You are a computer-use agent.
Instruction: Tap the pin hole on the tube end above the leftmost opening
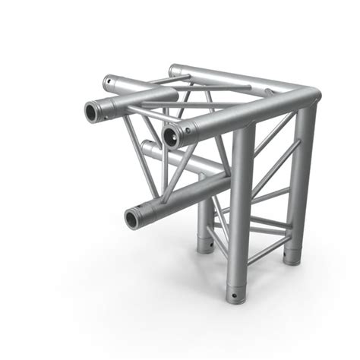(109, 78)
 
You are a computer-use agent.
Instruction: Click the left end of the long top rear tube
(175, 71)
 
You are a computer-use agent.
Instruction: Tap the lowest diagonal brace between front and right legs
(270, 248)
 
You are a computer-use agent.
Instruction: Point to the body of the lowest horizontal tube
(182, 195)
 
